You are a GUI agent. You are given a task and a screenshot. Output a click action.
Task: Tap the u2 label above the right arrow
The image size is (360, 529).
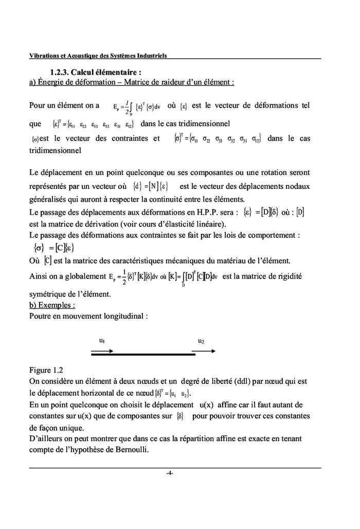[202, 341]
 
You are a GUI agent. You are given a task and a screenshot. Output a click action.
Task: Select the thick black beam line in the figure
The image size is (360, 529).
[143, 355]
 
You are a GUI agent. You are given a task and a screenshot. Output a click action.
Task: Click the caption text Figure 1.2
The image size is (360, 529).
[47, 370]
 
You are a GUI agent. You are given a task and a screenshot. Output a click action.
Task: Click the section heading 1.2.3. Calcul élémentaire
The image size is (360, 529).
[96, 72]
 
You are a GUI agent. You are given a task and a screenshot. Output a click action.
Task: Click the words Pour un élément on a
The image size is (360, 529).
[64, 105]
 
